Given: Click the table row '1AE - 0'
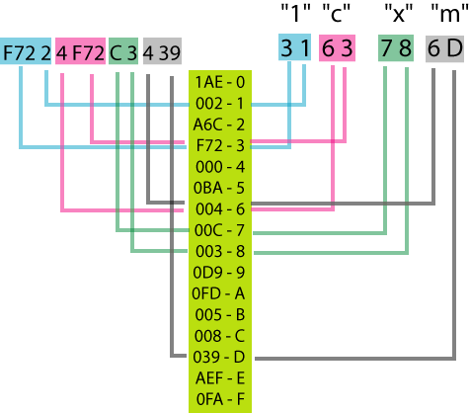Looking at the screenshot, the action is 220,82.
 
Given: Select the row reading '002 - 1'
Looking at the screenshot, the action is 220,104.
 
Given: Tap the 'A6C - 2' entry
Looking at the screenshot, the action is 219,124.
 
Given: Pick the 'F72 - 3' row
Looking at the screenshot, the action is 220,145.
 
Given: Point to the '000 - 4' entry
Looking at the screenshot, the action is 220,167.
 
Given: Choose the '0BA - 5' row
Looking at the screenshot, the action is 219,188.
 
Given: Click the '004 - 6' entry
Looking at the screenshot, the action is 220,208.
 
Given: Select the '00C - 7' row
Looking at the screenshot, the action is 219,230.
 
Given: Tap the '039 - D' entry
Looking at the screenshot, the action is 219,357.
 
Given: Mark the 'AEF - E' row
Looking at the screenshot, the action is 220,378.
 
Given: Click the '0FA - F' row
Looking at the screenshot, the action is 220,399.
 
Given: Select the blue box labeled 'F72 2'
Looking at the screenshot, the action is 26,51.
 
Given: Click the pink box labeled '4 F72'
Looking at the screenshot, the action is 80,51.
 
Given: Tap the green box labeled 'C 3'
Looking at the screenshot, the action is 123,51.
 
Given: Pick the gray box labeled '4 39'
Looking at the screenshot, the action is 162,51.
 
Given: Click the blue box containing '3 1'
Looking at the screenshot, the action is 294,47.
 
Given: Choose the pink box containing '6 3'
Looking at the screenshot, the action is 337,48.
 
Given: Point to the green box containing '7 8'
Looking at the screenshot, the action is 396,48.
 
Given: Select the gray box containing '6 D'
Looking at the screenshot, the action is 444,48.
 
